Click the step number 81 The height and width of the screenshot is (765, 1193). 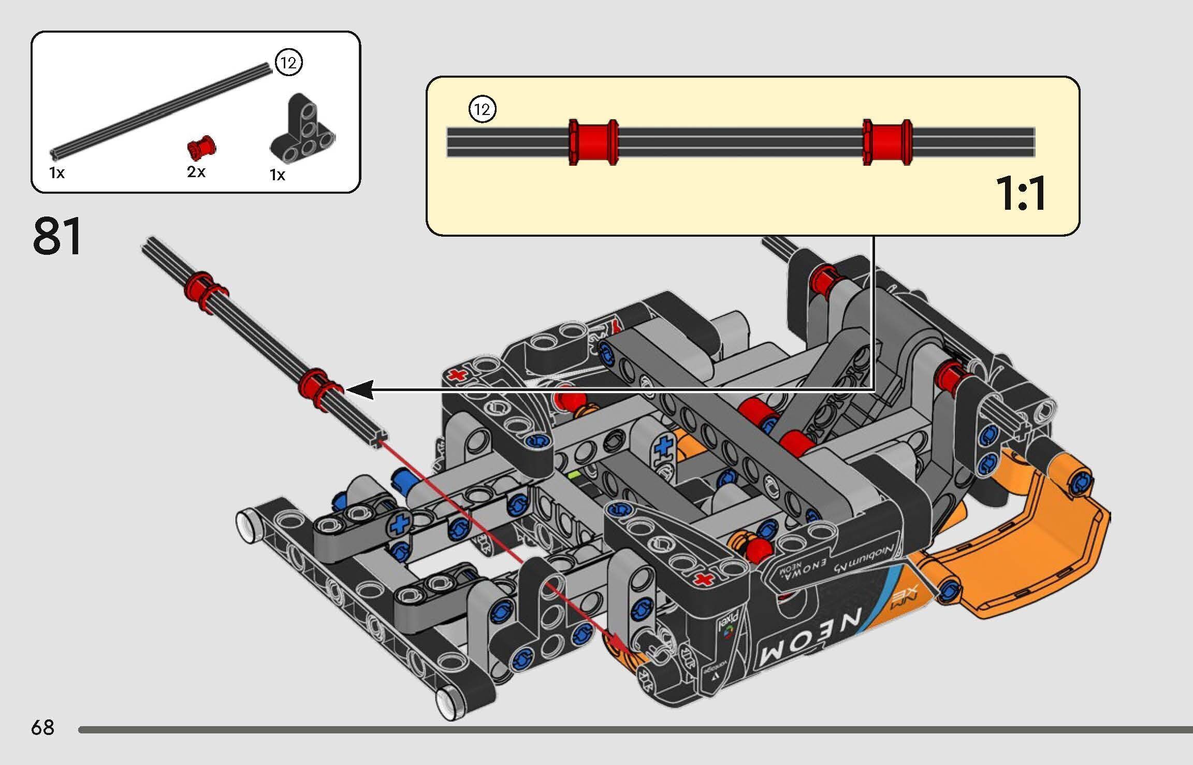tap(57, 237)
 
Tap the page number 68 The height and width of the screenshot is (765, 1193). tap(42, 727)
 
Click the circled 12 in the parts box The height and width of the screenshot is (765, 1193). tap(288, 63)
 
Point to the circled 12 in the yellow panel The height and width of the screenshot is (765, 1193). tap(482, 109)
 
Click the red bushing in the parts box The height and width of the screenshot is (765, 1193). tap(201, 148)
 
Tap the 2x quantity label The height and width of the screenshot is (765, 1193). tap(196, 171)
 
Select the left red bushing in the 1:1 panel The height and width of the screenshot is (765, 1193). tap(593, 142)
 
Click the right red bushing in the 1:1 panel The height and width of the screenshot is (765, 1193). tap(887, 142)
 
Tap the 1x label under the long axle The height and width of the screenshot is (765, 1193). tap(57, 173)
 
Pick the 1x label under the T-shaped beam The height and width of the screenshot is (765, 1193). tap(278, 175)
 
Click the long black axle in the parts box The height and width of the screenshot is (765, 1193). tap(161, 111)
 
